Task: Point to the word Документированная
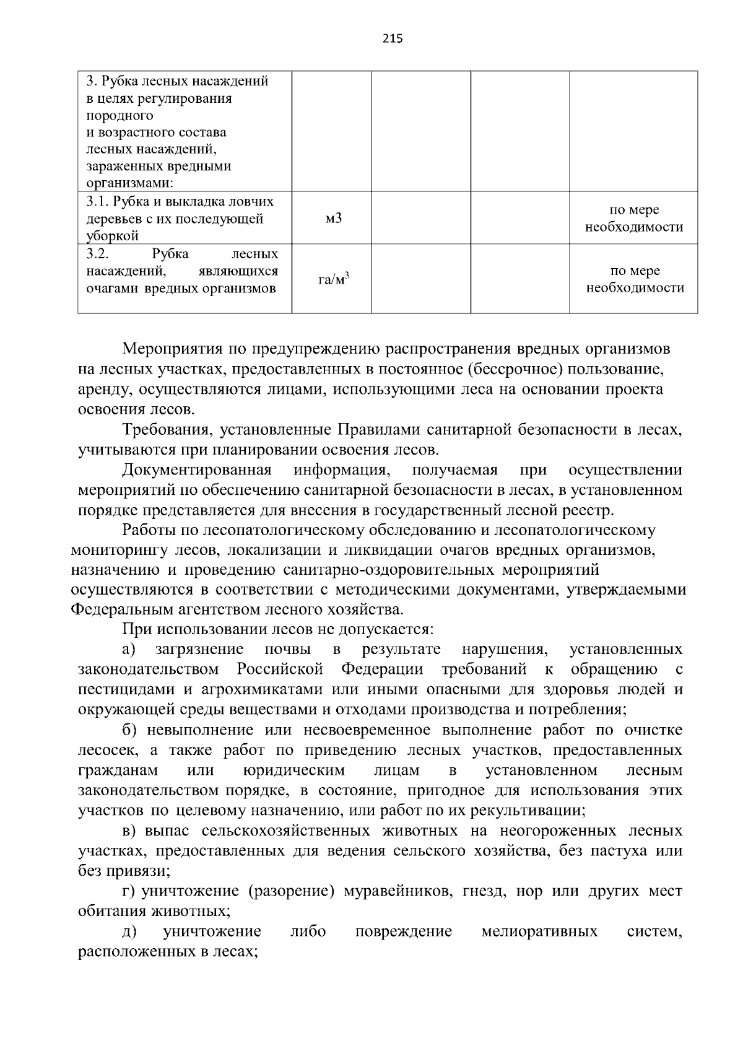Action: click(x=197, y=469)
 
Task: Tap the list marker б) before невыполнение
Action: click(x=130, y=730)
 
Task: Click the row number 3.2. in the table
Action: click(x=98, y=254)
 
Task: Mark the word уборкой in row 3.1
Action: click(x=112, y=236)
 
